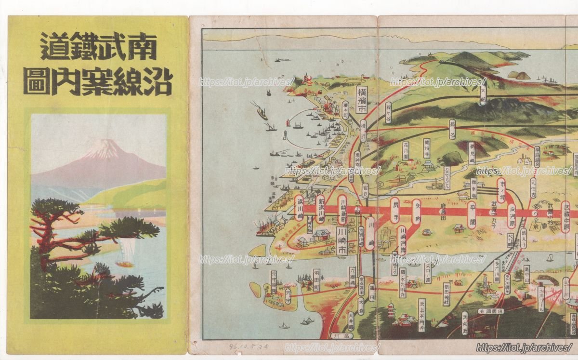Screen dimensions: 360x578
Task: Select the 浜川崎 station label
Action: pyautogui.click(x=300, y=208)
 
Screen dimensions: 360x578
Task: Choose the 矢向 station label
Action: pyautogui.click(x=417, y=212)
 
